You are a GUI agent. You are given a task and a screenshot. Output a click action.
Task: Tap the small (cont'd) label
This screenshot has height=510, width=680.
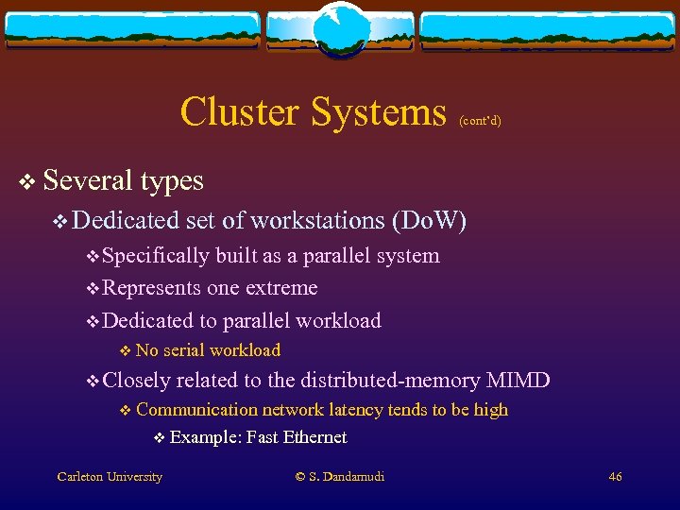(x=480, y=121)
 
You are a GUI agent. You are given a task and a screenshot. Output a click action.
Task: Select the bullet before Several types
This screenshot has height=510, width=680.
(x=28, y=180)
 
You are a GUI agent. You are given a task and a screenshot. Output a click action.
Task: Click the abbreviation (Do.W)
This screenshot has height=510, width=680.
(x=433, y=221)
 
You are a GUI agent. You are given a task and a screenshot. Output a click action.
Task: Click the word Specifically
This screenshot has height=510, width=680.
(x=156, y=256)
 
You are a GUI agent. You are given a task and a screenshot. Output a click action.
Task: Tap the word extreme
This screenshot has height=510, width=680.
(x=280, y=288)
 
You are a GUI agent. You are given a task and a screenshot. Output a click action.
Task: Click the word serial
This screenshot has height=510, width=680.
(x=183, y=350)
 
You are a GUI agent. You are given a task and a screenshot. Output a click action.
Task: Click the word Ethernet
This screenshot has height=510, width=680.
(x=314, y=437)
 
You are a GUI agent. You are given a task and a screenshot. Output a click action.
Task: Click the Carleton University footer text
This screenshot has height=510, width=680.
(x=109, y=477)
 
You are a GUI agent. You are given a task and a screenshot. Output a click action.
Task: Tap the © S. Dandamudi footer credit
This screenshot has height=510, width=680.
(x=340, y=477)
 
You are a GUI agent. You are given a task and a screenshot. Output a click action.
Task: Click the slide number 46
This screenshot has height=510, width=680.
(x=615, y=477)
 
